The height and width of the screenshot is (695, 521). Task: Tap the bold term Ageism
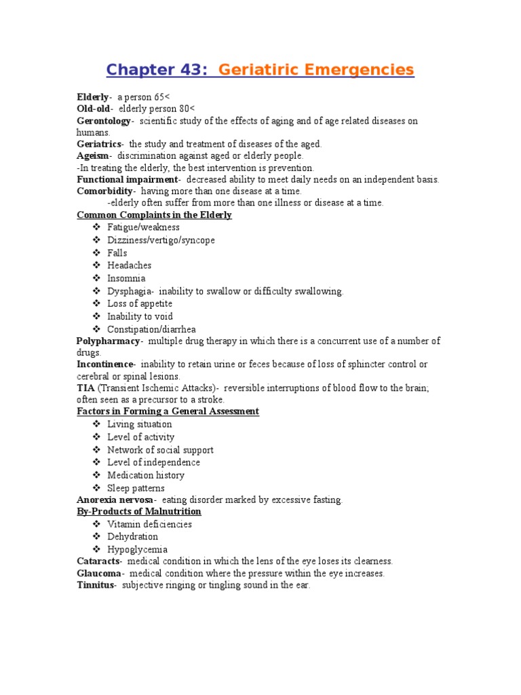point(92,155)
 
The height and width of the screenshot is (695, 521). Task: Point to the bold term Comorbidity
point(104,191)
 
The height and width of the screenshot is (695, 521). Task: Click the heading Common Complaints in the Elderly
point(154,215)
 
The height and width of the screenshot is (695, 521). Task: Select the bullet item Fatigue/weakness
point(143,227)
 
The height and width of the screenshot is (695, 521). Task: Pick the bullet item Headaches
point(129,265)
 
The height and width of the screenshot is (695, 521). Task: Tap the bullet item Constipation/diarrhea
point(151,329)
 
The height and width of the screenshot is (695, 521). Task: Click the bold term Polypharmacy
point(109,341)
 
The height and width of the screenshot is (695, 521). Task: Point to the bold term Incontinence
point(106,364)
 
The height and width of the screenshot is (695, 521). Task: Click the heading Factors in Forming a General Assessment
point(168,411)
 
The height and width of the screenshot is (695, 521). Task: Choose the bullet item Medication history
point(145,475)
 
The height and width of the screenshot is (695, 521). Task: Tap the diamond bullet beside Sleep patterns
point(97,488)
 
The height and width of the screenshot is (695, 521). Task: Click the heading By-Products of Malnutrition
point(138,511)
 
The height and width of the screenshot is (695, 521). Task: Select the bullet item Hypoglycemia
point(137,549)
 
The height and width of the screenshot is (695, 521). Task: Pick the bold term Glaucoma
point(98,574)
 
